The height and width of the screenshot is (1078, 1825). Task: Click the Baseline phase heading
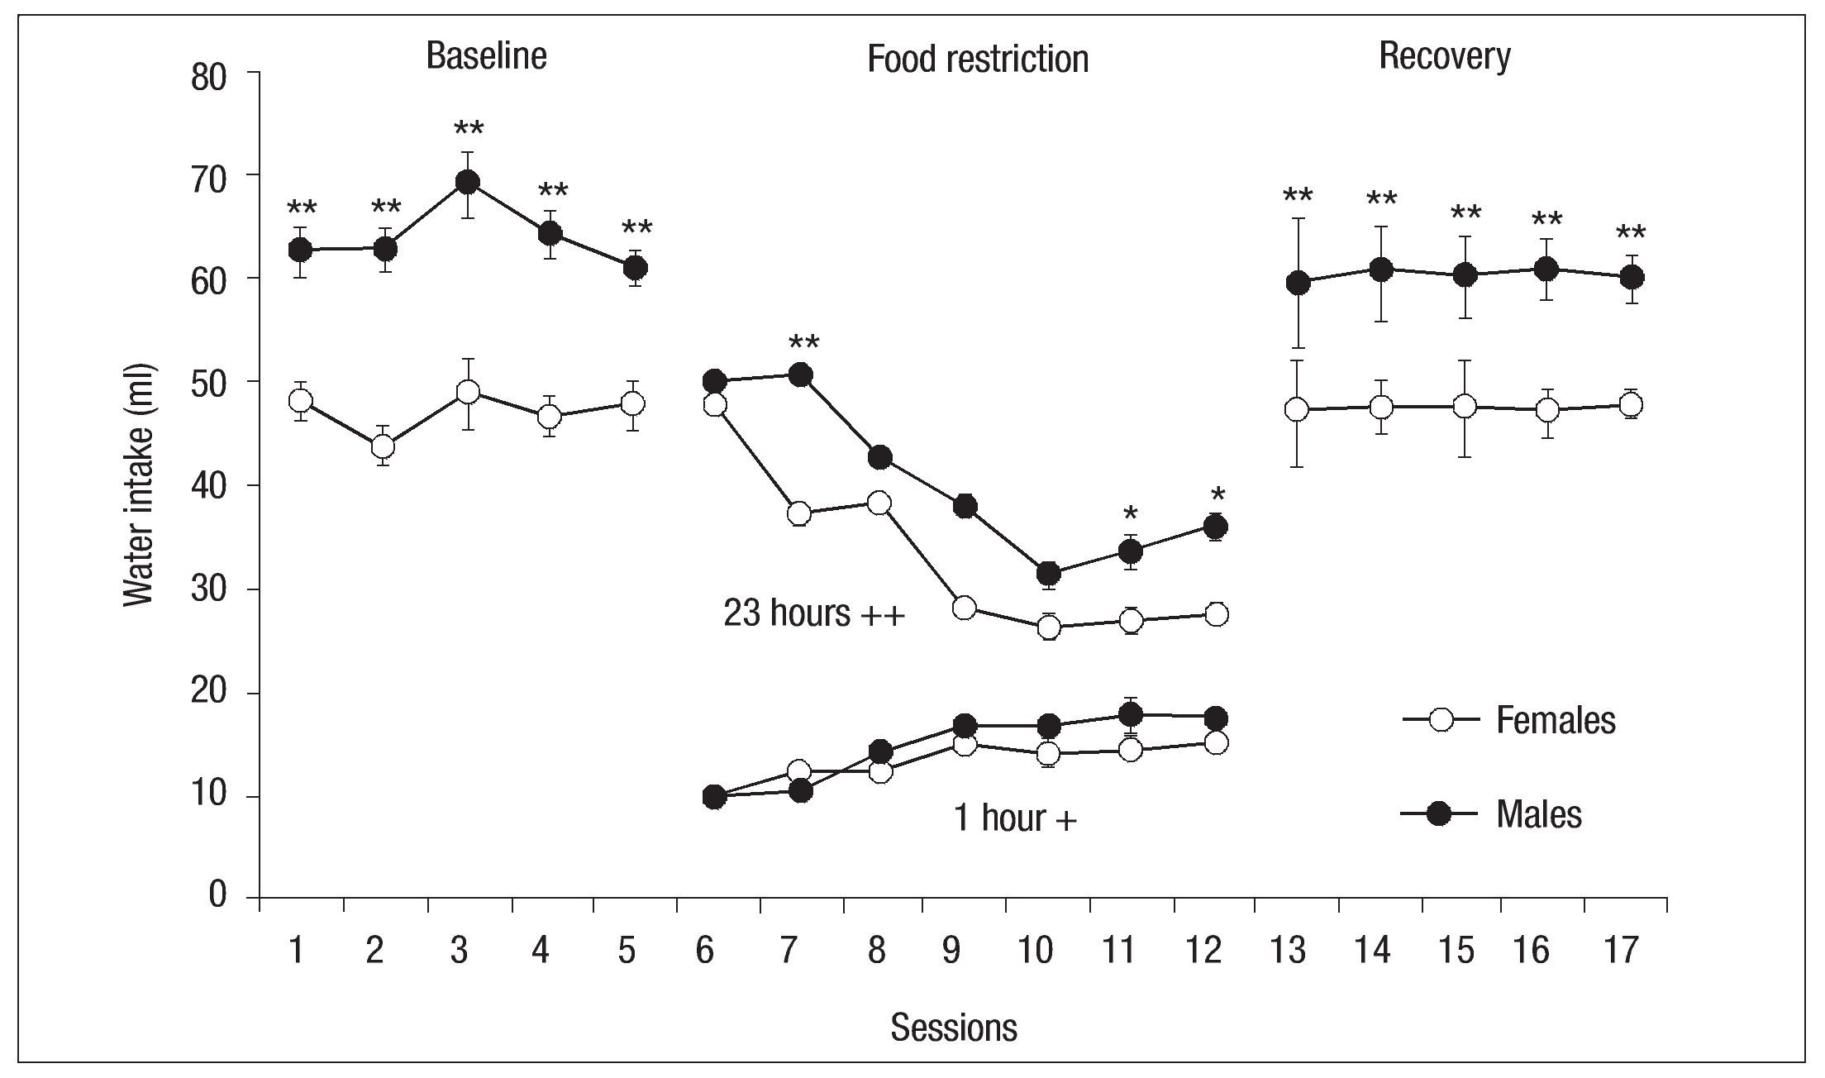click(486, 56)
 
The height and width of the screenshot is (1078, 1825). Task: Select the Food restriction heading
click(977, 60)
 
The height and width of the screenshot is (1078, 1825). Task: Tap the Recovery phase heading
click(1444, 56)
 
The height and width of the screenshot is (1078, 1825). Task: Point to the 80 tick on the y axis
click(208, 79)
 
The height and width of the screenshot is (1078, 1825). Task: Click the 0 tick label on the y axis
click(217, 894)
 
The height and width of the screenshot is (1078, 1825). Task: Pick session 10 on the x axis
click(1036, 952)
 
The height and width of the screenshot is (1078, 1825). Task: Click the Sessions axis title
click(953, 1028)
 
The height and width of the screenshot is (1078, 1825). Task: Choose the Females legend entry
click(1554, 721)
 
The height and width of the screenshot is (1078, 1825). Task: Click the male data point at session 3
click(468, 182)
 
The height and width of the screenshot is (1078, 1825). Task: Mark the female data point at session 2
click(383, 446)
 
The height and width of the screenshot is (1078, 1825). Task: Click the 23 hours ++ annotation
click(814, 614)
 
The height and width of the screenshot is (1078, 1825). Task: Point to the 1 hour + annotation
click(1015, 818)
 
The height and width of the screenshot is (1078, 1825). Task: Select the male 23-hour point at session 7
click(800, 375)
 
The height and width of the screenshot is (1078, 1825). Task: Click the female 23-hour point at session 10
click(1049, 627)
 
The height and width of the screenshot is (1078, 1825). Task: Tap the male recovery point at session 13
click(1298, 284)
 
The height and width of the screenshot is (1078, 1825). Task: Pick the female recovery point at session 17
click(1631, 405)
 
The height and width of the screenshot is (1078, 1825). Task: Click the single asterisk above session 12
click(1217, 496)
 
